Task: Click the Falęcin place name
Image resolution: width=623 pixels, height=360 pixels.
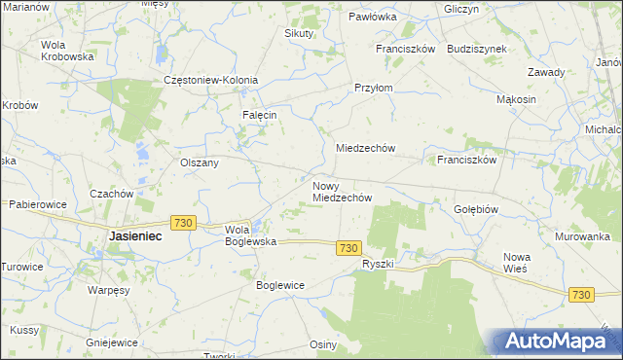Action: coord(260,114)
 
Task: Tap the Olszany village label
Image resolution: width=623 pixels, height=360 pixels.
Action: coord(200,162)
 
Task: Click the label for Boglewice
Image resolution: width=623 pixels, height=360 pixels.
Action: coord(280,285)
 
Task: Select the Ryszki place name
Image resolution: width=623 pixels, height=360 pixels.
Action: coord(377,265)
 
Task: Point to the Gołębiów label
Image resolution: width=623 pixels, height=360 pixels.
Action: coord(476,209)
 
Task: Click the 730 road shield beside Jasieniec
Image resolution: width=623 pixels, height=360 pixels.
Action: coord(182,223)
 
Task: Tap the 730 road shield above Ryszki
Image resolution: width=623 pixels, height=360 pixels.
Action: coord(350,248)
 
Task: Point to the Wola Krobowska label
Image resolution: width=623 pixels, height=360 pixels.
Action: coord(66,51)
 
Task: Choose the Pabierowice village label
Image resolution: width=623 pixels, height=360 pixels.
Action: coord(37,204)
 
